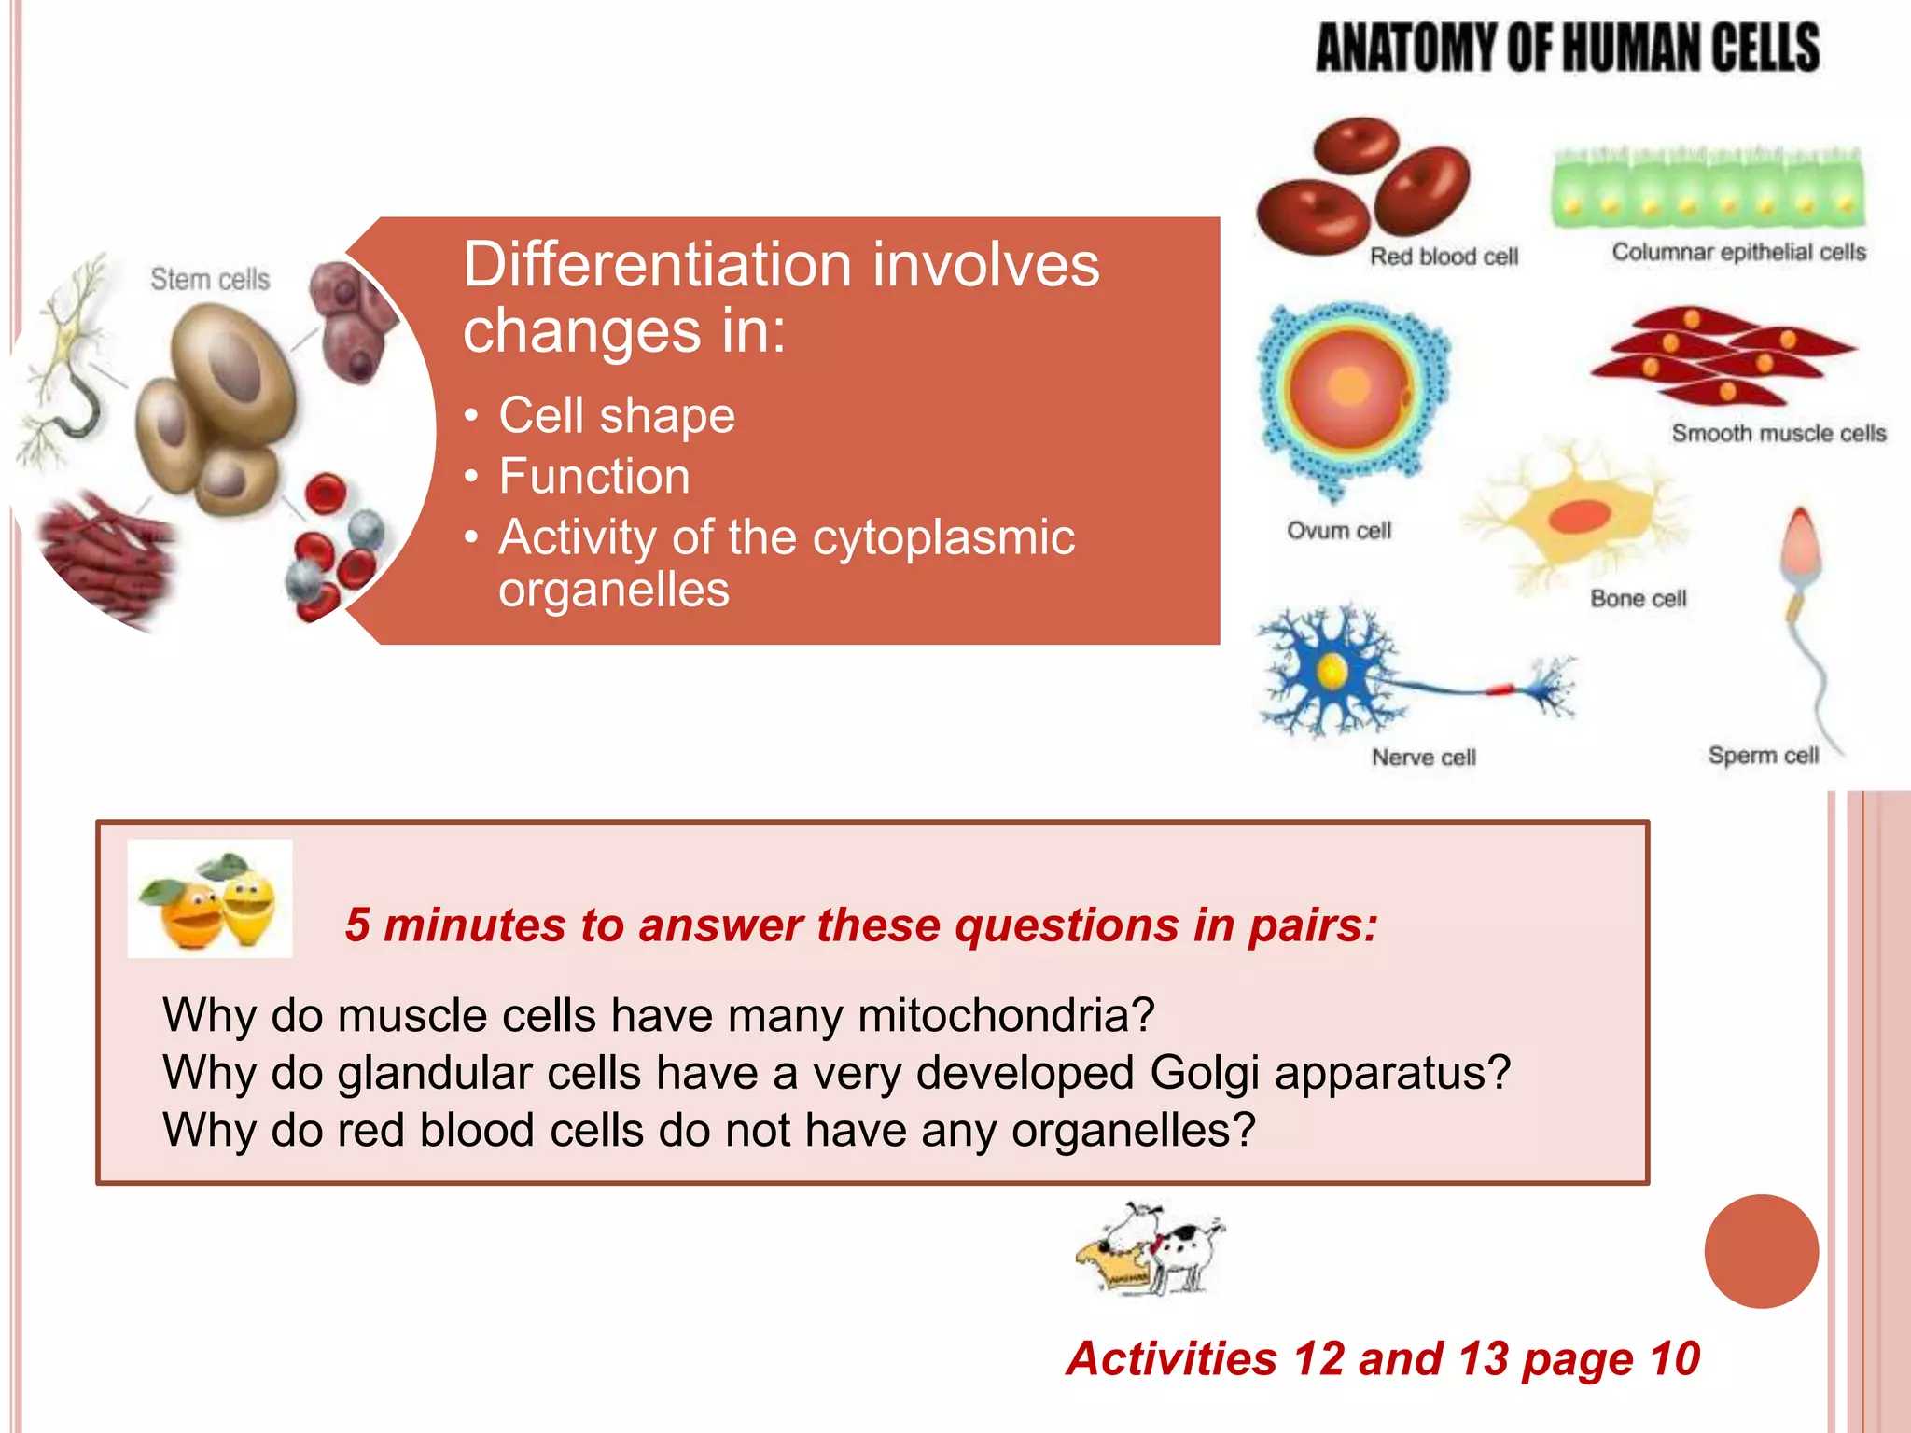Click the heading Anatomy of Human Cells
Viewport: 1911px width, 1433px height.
(x=1567, y=49)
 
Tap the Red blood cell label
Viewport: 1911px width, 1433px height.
(x=1443, y=257)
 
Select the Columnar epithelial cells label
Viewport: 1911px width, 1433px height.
(x=1738, y=252)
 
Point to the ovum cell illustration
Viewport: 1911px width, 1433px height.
(x=1350, y=392)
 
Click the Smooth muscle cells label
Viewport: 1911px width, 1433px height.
(x=1778, y=433)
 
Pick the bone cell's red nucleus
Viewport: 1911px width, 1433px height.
(x=1580, y=516)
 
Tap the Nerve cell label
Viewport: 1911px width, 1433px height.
(x=1423, y=757)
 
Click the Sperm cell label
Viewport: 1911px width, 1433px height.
(x=1763, y=755)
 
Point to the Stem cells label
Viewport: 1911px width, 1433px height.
(x=210, y=279)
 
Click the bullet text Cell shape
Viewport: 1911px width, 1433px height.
(x=616, y=415)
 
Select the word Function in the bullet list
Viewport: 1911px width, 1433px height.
(x=594, y=476)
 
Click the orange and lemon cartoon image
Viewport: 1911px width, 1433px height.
(x=210, y=898)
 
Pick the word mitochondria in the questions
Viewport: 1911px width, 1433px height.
(x=1006, y=1015)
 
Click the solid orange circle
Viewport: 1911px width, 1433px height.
(x=1761, y=1251)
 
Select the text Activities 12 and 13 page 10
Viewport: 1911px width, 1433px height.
(x=1383, y=1358)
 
